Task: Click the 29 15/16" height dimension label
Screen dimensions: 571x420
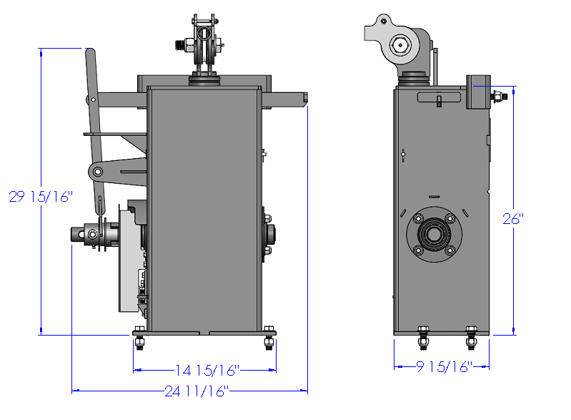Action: coord(41,197)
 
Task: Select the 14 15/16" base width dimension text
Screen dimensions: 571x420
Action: coord(207,371)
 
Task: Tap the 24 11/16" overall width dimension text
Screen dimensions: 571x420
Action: coord(197,391)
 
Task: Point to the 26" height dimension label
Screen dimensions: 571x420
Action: coord(513,218)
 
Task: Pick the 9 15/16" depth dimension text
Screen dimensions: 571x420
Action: coord(445,367)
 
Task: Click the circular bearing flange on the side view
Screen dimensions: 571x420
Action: coord(434,234)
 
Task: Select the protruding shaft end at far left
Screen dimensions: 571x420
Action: coord(77,234)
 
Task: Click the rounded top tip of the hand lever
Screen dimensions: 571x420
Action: coord(90,51)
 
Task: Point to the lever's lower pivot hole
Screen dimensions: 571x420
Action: coord(97,171)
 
